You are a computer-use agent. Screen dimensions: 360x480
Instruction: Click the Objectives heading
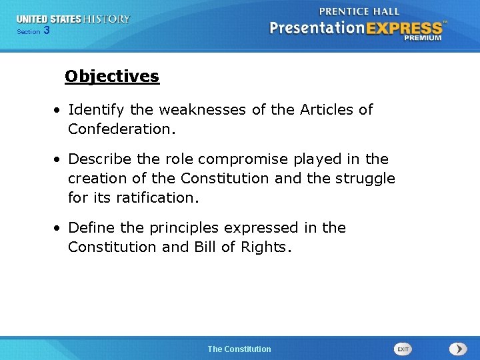click(112, 77)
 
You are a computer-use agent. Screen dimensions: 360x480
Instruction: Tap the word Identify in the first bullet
click(93, 109)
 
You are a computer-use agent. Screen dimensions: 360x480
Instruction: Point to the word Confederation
click(122, 129)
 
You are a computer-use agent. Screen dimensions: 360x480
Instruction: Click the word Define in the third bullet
click(89, 228)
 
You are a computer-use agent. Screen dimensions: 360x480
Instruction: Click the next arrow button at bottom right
click(457, 349)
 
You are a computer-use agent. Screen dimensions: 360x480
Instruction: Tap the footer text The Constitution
click(239, 349)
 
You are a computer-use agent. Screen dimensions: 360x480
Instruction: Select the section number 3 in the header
click(46, 31)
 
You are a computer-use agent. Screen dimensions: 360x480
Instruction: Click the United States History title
click(73, 19)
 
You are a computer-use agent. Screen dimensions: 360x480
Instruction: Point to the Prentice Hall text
click(359, 11)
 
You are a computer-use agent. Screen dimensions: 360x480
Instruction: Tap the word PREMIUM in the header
click(422, 38)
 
